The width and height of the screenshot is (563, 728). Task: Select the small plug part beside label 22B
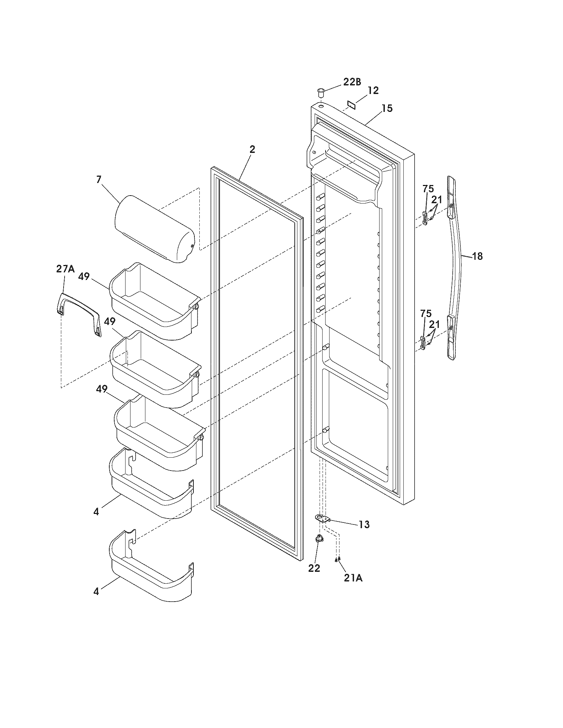coord(321,91)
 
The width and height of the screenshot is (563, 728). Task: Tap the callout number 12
coord(373,91)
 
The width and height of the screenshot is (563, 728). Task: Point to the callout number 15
coord(387,109)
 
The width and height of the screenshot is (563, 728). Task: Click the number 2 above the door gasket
coord(252,150)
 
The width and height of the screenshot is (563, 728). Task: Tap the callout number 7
coord(99,180)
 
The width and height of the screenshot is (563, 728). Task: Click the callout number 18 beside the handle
coord(477,256)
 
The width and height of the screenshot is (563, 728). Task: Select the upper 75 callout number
coord(428,189)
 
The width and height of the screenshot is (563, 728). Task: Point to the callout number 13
coord(364,524)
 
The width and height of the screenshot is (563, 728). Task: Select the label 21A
coord(353,579)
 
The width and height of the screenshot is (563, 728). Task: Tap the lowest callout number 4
coord(96,592)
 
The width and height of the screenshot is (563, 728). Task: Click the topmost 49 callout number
coord(84,277)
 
